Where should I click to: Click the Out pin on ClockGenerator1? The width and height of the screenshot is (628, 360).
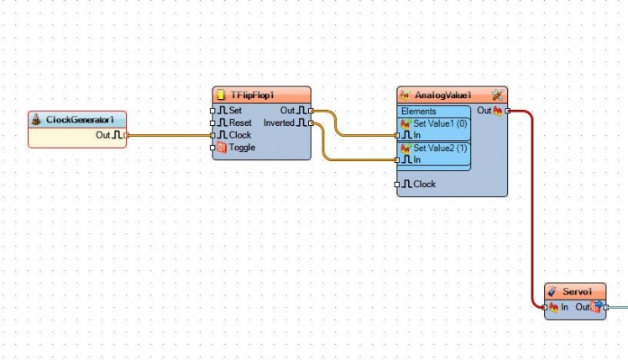pyautogui.click(x=126, y=134)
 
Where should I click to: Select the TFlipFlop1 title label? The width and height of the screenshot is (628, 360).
pyautogui.click(x=253, y=96)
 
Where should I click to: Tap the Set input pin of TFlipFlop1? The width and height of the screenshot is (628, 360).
pyautogui.click(x=213, y=110)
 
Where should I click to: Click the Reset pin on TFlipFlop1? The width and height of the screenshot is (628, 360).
pyautogui.click(x=213, y=123)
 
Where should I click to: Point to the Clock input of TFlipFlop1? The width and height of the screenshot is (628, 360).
pyautogui.click(x=213, y=134)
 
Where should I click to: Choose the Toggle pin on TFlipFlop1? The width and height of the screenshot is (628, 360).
pyautogui.click(x=213, y=148)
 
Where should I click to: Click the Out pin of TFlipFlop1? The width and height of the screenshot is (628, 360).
pyautogui.click(x=311, y=110)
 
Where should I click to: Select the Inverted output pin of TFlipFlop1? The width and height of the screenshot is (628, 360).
pyautogui.click(x=311, y=123)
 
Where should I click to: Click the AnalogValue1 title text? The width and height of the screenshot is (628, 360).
pyautogui.click(x=443, y=96)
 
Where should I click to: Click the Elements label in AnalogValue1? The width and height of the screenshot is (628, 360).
pyautogui.click(x=418, y=112)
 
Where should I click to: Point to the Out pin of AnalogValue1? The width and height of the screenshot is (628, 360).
pyautogui.click(x=507, y=111)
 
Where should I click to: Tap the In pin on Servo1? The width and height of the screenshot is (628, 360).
pyautogui.click(x=546, y=307)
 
